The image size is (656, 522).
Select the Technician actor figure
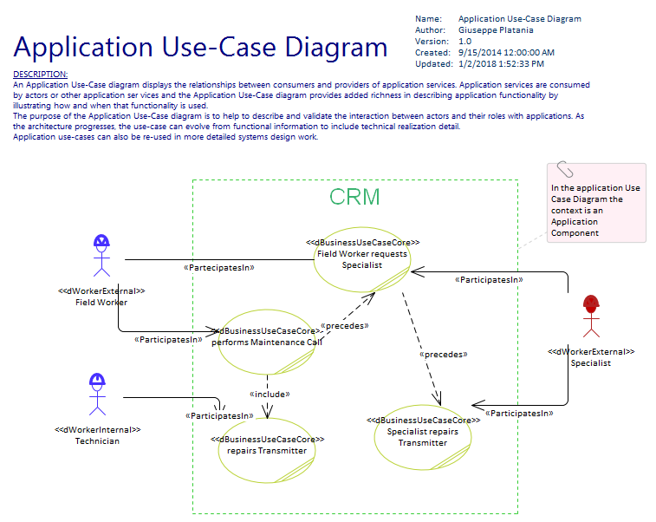pyautogui.click(x=97, y=395)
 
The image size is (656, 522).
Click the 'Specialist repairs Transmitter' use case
pyautogui.click(x=423, y=436)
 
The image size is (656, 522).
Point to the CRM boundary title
pyautogui.click(x=354, y=197)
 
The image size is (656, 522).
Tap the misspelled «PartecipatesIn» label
pyautogui.click(x=218, y=268)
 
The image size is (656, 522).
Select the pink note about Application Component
pyautogui.click(x=596, y=208)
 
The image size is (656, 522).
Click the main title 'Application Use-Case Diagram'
pyautogui.click(x=201, y=47)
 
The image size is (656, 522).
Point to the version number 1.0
pyautogui.click(x=464, y=42)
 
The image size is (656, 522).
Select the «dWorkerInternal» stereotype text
pyautogui.click(x=97, y=430)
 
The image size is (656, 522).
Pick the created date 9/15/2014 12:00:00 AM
pyautogui.click(x=506, y=53)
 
